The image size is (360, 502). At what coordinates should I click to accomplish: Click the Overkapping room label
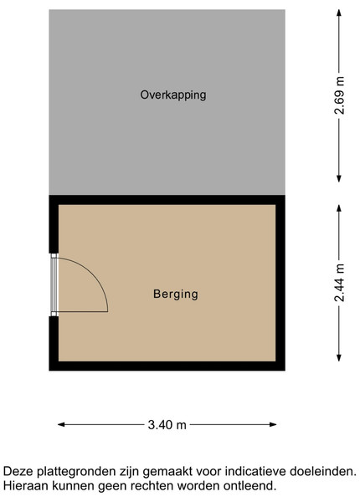point(173,95)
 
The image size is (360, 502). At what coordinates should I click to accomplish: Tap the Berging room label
point(176,295)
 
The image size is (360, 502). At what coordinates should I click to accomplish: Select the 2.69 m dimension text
point(339,95)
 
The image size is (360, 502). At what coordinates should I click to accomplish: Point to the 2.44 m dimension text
point(339,283)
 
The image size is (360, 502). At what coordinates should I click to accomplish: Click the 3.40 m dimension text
point(167,425)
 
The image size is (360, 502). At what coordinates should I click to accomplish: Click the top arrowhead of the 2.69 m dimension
point(339,13)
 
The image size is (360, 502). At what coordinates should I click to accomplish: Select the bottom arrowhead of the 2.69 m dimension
point(339,179)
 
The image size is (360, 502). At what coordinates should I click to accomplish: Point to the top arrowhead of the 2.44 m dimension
point(339,208)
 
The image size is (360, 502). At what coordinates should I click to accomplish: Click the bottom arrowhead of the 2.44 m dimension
point(339,357)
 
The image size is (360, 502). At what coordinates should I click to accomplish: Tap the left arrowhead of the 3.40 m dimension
point(61,424)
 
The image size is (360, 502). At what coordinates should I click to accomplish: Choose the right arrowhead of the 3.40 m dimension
point(273,424)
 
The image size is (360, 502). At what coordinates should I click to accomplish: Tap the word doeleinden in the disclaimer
point(323,471)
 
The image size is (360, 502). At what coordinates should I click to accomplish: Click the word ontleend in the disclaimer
point(249,486)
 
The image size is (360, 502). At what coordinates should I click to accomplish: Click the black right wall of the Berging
point(280,283)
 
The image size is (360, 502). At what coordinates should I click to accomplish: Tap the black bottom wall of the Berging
point(167,366)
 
